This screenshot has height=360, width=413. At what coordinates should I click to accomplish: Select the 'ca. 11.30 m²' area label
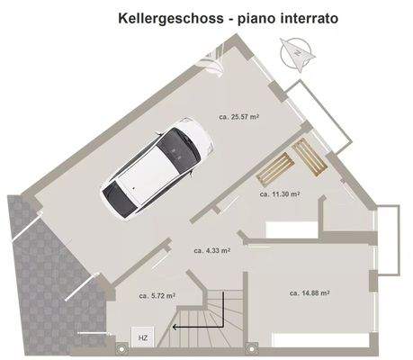pos(280,193)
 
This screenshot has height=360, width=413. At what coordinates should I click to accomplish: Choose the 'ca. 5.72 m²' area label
pos(157,294)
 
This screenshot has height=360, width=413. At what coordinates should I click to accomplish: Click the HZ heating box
pos(142,337)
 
